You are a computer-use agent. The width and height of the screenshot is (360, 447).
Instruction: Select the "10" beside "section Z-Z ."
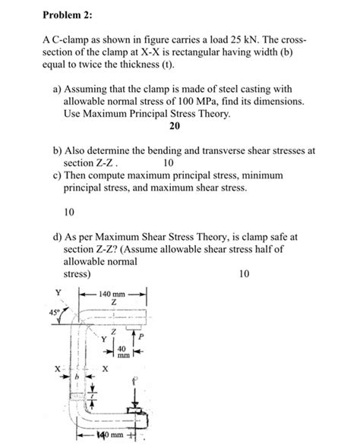pos(169,162)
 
